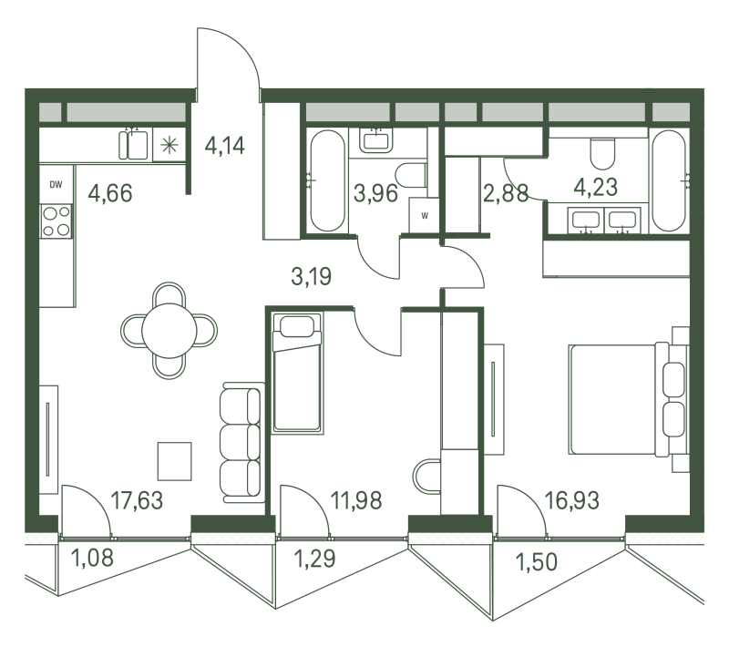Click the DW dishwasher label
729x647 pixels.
[56, 185]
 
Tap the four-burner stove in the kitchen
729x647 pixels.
[56, 221]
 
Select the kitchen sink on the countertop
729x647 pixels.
[133, 145]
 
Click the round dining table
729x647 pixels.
[169, 331]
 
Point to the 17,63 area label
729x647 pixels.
[137, 500]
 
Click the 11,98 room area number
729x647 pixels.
[356, 500]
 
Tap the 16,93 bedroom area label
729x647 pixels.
[571, 500]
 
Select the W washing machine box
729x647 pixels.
[424, 215]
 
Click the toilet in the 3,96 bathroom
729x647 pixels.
[411, 175]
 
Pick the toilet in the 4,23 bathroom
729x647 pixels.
[602, 153]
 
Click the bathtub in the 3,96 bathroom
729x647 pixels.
[328, 180]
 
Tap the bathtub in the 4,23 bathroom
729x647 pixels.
[669, 180]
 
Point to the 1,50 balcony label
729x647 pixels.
[536, 562]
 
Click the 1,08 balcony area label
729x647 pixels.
[92, 558]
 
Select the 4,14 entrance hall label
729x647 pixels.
[224, 146]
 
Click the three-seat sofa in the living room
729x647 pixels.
[241, 443]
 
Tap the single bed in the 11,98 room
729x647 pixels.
[297, 373]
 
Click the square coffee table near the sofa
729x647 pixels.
[174, 461]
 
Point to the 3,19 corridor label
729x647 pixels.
[311, 276]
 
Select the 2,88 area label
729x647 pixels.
[506, 193]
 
